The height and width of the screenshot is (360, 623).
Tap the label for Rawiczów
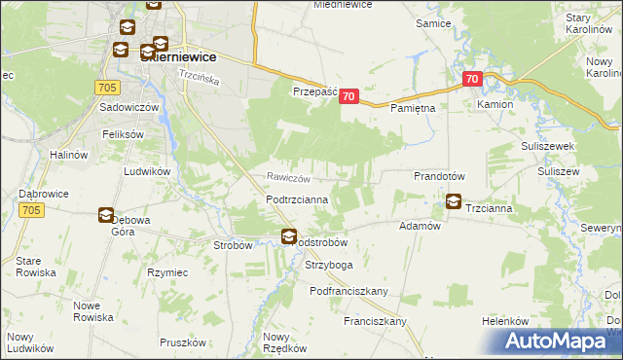(289, 178)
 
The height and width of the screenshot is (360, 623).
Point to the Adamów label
(421, 225)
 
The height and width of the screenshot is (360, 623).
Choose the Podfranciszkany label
(349, 291)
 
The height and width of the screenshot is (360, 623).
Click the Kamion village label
(495, 103)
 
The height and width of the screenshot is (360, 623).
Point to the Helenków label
(504, 321)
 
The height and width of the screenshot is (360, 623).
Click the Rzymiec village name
(166, 272)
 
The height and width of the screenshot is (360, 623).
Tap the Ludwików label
(147, 170)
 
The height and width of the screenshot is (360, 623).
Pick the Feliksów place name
(124, 133)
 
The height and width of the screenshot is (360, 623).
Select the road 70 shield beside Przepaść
(350, 96)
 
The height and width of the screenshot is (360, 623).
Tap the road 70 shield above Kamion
(472, 79)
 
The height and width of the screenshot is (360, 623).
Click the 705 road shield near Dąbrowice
(30, 210)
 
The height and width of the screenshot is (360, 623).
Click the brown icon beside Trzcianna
(454, 202)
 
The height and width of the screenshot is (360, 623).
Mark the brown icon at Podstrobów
(289, 235)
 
